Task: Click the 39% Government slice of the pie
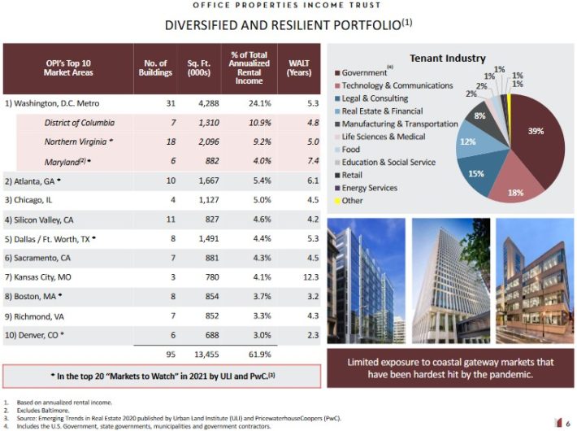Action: (532, 134)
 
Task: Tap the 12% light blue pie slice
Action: (470, 145)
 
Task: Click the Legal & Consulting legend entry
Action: (375, 98)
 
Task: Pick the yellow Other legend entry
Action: (353, 200)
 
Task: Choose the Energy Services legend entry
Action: (369, 188)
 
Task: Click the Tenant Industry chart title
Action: (447, 59)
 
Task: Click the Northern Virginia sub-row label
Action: (79, 141)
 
